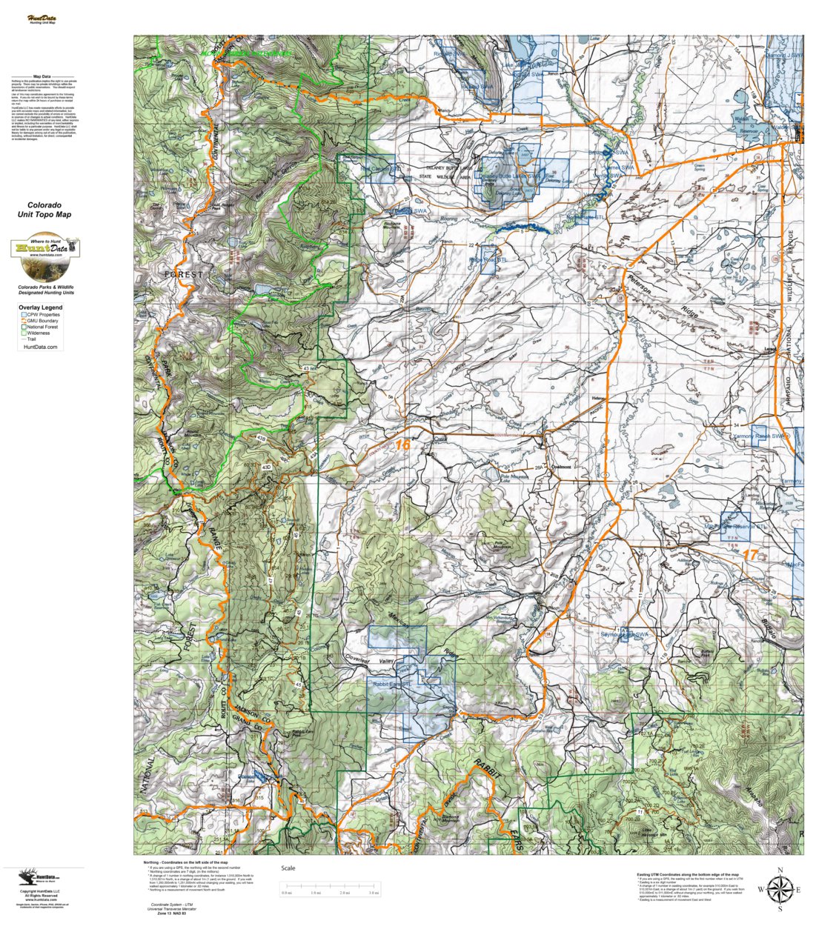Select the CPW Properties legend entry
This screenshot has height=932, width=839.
coord(44,315)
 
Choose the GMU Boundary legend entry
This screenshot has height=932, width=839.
coord(44,321)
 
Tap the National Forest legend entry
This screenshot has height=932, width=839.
coord(44,327)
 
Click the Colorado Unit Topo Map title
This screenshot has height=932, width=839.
coord(44,210)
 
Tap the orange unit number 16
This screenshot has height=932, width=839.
coord(402,445)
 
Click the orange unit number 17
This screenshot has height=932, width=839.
coord(750,554)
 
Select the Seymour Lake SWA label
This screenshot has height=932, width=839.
coord(624,635)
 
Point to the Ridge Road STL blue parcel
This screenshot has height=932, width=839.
coord(488,261)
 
